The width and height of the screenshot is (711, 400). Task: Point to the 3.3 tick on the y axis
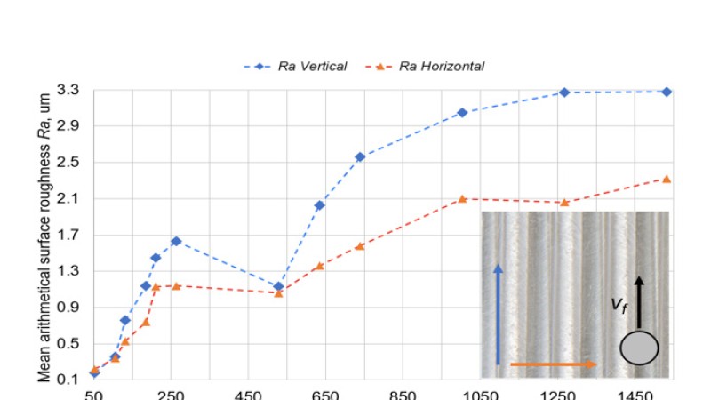click(x=68, y=90)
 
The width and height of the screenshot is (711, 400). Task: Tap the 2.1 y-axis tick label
click(x=68, y=199)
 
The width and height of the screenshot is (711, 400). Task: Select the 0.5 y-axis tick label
click(x=68, y=344)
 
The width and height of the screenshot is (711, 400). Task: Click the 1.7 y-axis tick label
click(x=68, y=236)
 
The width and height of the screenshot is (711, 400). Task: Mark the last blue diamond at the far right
click(x=667, y=92)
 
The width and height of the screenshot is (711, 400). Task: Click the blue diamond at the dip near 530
click(x=279, y=286)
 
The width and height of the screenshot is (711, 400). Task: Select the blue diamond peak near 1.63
click(x=176, y=241)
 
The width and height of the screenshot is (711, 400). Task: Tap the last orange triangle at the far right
click(x=667, y=179)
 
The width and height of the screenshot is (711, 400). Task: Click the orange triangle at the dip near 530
click(x=279, y=293)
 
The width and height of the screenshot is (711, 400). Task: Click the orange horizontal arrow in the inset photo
click(x=552, y=364)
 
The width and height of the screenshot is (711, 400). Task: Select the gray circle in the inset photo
click(x=638, y=348)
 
